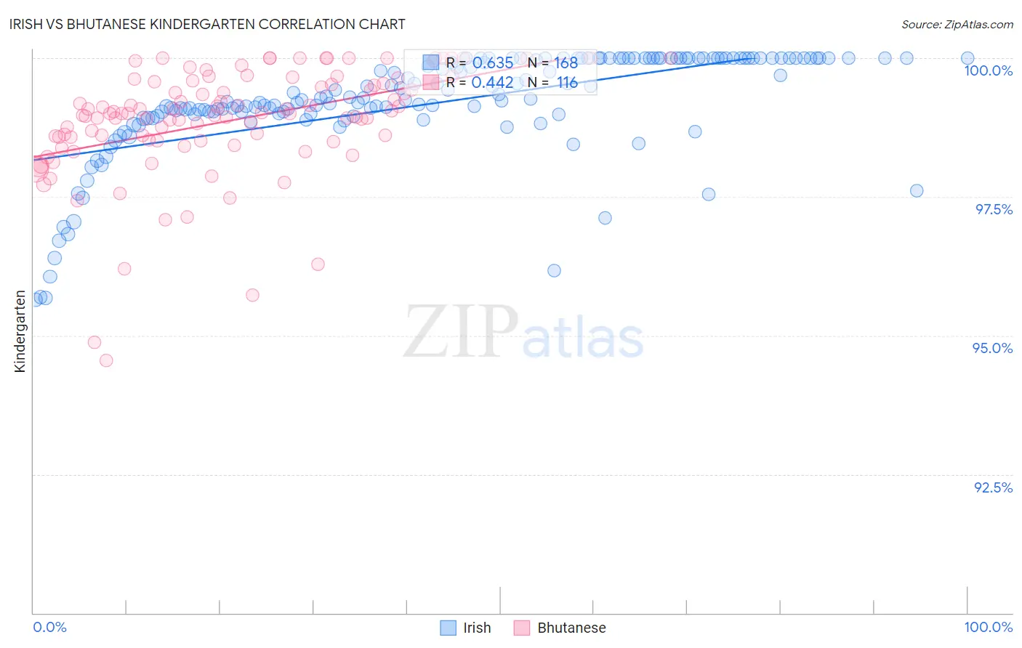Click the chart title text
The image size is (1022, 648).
(x=208, y=24)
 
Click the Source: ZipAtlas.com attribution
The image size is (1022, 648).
(x=957, y=24)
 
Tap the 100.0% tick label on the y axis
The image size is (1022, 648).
(x=988, y=70)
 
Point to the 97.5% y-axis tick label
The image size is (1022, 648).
(x=994, y=209)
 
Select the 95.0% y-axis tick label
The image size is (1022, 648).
(x=993, y=348)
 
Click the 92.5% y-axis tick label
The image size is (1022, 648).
(x=993, y=487)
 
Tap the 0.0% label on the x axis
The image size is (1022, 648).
(x=49, y=627)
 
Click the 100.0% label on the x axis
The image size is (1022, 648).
(x=988, y=627)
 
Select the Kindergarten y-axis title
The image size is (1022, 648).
(x=20, y=331)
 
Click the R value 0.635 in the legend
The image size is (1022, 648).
(x=492, y=63)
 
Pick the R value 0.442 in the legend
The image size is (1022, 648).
(x=492, y=83)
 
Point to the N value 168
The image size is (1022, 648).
(x=566, y=63)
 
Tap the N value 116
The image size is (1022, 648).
(x=567, y=83)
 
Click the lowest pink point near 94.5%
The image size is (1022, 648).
(x=106, y=360)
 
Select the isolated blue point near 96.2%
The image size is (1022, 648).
(x=554, y=271)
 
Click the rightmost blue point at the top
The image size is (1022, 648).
(x=967, y=58)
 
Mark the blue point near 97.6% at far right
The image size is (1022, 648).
(x=917, y=191)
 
